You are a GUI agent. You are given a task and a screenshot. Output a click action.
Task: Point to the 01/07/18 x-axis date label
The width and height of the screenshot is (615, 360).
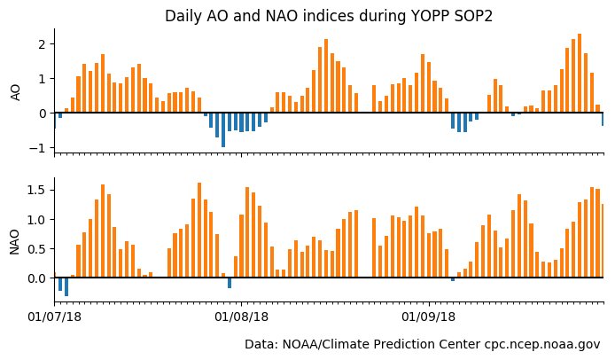pos(55,315)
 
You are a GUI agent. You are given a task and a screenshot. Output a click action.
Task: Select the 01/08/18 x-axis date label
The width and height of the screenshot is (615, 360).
pos(242,315)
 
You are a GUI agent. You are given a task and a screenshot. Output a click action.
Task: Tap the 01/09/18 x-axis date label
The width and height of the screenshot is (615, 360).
pos(429,315)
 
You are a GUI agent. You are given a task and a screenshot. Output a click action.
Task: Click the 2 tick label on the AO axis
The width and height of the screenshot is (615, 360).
pos(41,43)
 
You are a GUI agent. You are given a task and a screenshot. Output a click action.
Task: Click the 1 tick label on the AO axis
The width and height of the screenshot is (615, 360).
pos(41,78)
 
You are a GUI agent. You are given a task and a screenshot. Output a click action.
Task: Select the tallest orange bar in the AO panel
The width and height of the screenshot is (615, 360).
pos(579,74)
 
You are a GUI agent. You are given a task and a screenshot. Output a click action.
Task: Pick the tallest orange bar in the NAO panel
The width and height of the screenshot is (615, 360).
pos(199,230)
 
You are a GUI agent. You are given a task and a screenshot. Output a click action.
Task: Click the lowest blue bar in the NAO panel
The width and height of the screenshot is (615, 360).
pos(66,286)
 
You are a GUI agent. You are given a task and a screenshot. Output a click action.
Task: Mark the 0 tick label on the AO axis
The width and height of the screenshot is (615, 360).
pos(41,113)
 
